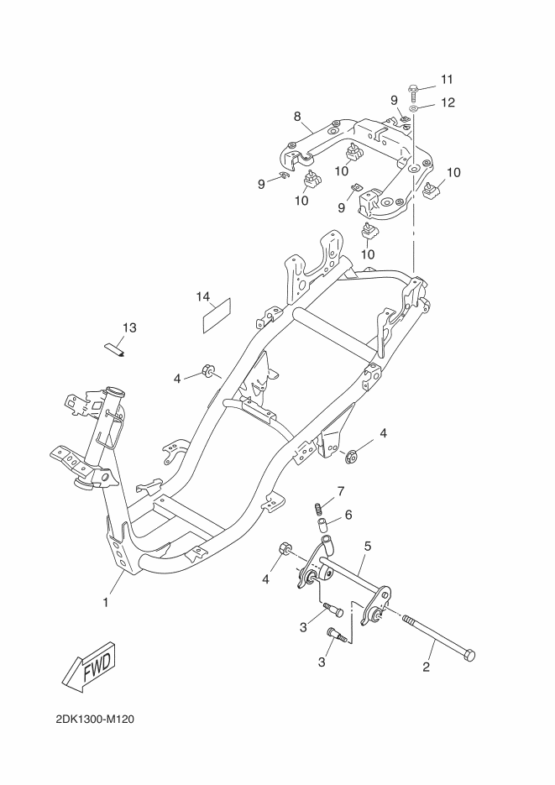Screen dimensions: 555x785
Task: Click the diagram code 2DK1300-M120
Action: [x=95, y=720]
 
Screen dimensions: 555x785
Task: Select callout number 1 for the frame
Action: [x=106, y=603]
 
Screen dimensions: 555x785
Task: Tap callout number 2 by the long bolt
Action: [x=427, y=667]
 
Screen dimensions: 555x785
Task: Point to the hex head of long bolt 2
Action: [x=469, y=656]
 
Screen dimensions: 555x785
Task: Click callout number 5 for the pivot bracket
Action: [x=368, y=547]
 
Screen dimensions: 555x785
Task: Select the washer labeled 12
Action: [x=414, y=108]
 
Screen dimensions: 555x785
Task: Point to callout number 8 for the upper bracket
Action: [x=297, y=117]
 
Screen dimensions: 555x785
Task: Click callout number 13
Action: [x=129, y=328]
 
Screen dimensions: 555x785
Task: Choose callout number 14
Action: [x=202, y=297]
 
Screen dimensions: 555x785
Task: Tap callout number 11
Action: [x=447, y=79]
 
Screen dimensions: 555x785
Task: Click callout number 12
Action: [x=448, y=102]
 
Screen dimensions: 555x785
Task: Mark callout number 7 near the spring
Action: [x=341, y=491]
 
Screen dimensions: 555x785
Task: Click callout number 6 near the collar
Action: [x=348, y=515]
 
